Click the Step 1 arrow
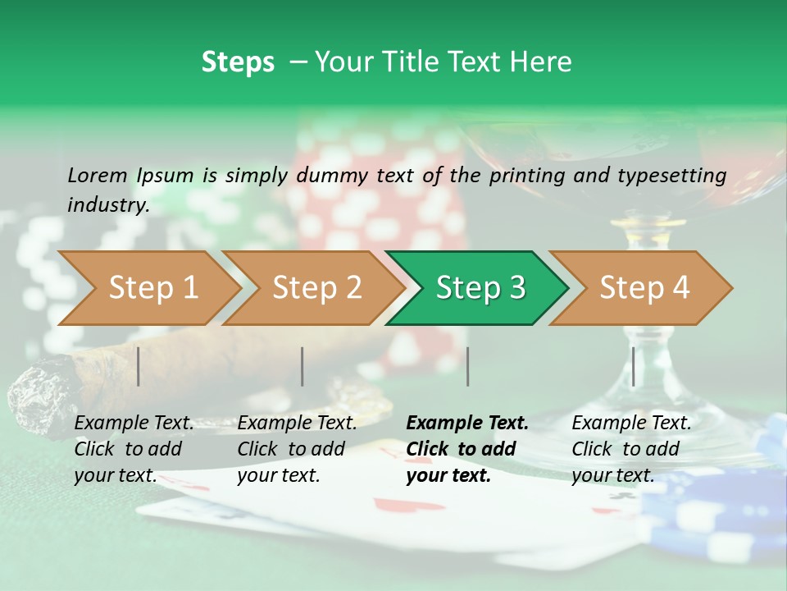tap(148, 288)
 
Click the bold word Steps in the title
tap(238, 62)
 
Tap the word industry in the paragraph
tap(107, 204)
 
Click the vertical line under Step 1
tap(139, 366)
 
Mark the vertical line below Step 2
tap(303, 366)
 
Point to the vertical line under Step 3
tap(467, 366)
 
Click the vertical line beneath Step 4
tap(633, 366)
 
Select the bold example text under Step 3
tap(466, 449)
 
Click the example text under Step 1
tap(133, 449)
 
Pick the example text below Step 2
tap(296, 449)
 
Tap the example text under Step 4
tap(630, 449)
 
